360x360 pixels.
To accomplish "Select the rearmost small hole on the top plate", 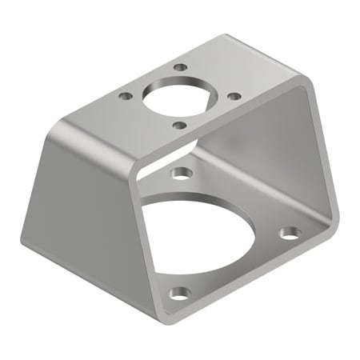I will point(181,69).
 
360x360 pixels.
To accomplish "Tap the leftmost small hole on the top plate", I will point(125,96).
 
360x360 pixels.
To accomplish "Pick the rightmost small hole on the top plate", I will point(234,96).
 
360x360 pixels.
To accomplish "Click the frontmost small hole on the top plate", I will point(179,125).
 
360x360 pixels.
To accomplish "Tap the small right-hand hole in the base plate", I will point(290,234).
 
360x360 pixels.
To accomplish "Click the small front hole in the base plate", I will point(181,293).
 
